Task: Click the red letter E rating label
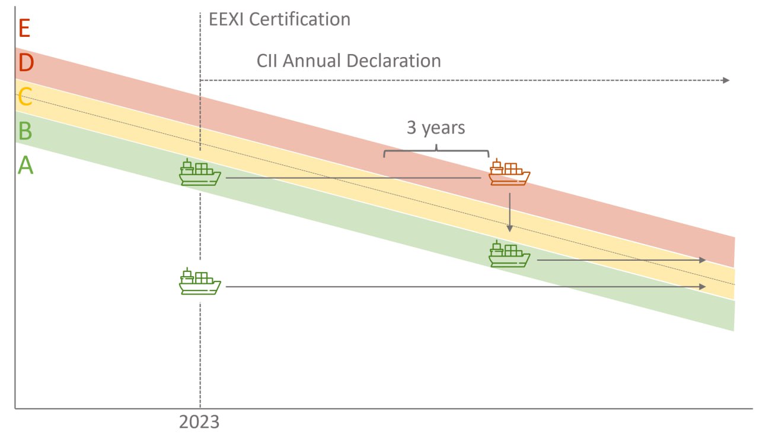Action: coord(24,28)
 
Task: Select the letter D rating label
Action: coord(25,62)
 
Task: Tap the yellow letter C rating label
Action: coord(25,96)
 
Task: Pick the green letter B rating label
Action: coord(25,131)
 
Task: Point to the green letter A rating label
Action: coord(25,166)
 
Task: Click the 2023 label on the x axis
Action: coord(199,422)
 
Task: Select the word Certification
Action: coord(299,20)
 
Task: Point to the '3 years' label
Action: coord(436,128)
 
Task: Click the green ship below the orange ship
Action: coord(509,254)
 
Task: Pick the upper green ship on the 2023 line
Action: coord(200,173)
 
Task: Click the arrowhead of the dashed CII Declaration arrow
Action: coord(726,80)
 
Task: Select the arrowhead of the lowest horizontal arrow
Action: coord(703,287)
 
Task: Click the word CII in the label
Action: coord(269,61)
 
